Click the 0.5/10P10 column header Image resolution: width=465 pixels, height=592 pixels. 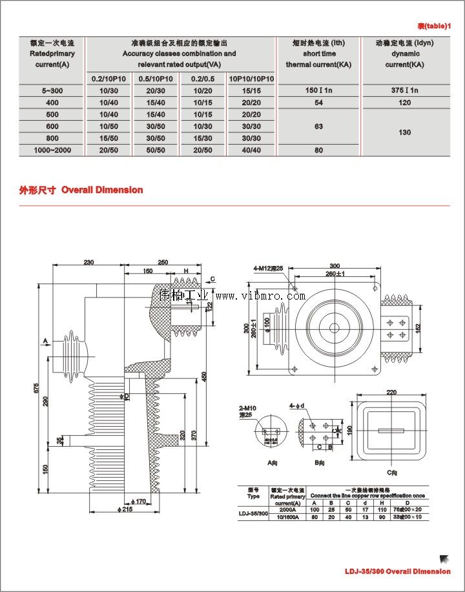pos(155,79)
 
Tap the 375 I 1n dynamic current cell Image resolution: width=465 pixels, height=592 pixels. pos(405,90)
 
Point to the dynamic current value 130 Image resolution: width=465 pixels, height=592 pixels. pos(405,132)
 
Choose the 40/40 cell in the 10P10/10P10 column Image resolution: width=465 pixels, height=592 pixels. pos(251,150)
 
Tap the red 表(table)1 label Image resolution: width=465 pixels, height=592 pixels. pos(433,26)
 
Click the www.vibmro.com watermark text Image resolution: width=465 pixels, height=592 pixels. pos(260,296)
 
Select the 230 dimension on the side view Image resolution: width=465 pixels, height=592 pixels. pos(88,262)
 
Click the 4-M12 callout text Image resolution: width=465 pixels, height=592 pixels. pos(268,268)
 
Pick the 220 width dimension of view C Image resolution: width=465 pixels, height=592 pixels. pos(391,392)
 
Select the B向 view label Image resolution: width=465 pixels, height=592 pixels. pos(319,463)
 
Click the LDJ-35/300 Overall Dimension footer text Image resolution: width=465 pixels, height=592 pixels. pos(397,571)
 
